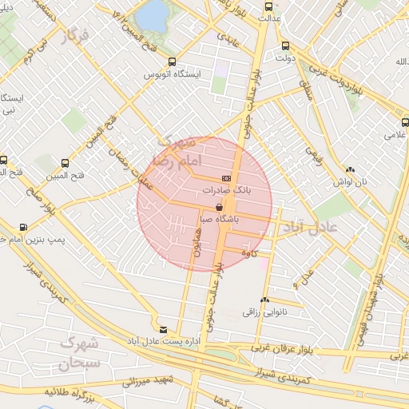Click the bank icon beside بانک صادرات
(x=227, y=179)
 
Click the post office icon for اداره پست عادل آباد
(x=164, y=329)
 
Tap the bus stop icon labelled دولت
(x=285, y=46)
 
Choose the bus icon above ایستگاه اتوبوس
(x=172, y=62)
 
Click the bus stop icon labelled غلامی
(x=405, y=123)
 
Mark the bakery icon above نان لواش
(x=350, y=169)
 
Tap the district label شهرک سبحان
(x=78, y=354)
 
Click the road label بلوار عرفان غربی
(x=280, y=347)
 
